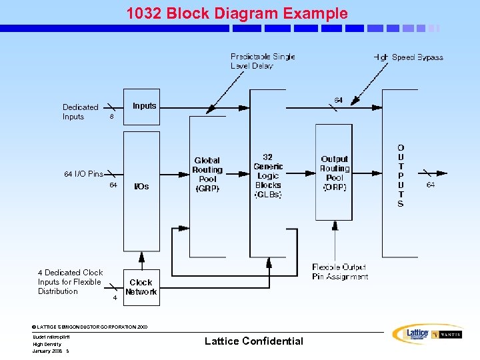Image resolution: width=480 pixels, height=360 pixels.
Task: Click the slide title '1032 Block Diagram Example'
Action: click(237, 13)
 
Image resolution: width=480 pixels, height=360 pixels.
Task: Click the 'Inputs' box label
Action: click(144, 106)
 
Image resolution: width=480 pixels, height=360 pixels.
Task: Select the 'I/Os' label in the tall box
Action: click(141, 187)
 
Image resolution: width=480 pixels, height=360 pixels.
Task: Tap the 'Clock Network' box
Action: click(141, 287)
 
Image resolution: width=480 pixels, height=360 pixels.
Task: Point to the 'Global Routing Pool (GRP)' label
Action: click(207, 175)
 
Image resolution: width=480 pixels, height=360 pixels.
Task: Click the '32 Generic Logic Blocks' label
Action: click(268, 176)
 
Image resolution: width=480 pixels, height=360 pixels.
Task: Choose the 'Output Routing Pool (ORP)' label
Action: click(335, 173)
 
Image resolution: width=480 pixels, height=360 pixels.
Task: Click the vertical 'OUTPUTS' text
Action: click(400, 175)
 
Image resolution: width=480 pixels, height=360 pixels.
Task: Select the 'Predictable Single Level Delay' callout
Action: click(263, 61)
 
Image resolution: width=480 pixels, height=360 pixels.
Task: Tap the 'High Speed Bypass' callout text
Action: click(408, 57)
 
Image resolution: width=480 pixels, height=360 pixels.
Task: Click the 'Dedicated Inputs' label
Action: click(80, 112)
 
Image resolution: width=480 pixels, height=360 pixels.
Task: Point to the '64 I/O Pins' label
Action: click(83, 174)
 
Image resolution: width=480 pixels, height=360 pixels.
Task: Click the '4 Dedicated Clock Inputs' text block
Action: click(70, 282)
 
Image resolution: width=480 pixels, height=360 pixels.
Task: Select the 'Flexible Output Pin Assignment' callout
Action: click(339, 272)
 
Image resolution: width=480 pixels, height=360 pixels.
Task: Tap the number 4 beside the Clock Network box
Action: click(115, 298)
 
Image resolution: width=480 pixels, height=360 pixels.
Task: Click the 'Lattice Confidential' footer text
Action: click(253, 341)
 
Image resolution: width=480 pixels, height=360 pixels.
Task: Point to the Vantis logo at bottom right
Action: click(446, 334)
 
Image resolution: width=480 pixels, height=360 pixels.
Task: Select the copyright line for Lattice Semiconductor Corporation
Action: click(90, 327)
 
